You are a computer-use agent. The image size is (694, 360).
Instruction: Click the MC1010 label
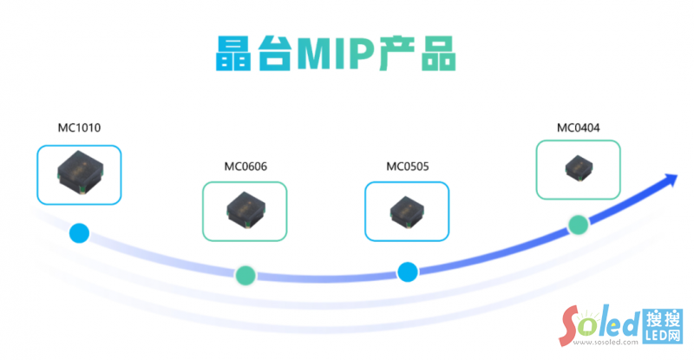79,128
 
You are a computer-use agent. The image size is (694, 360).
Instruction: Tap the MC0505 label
407,166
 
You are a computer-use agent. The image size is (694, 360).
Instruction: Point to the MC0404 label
578,128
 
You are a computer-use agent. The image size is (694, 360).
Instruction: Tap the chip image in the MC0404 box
578,168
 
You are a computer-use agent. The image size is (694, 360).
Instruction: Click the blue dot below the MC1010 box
80,232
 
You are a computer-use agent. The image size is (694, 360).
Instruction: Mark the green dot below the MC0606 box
246,274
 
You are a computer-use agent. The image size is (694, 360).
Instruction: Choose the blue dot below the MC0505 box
408,272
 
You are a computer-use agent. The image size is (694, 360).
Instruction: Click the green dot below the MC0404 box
579,225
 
